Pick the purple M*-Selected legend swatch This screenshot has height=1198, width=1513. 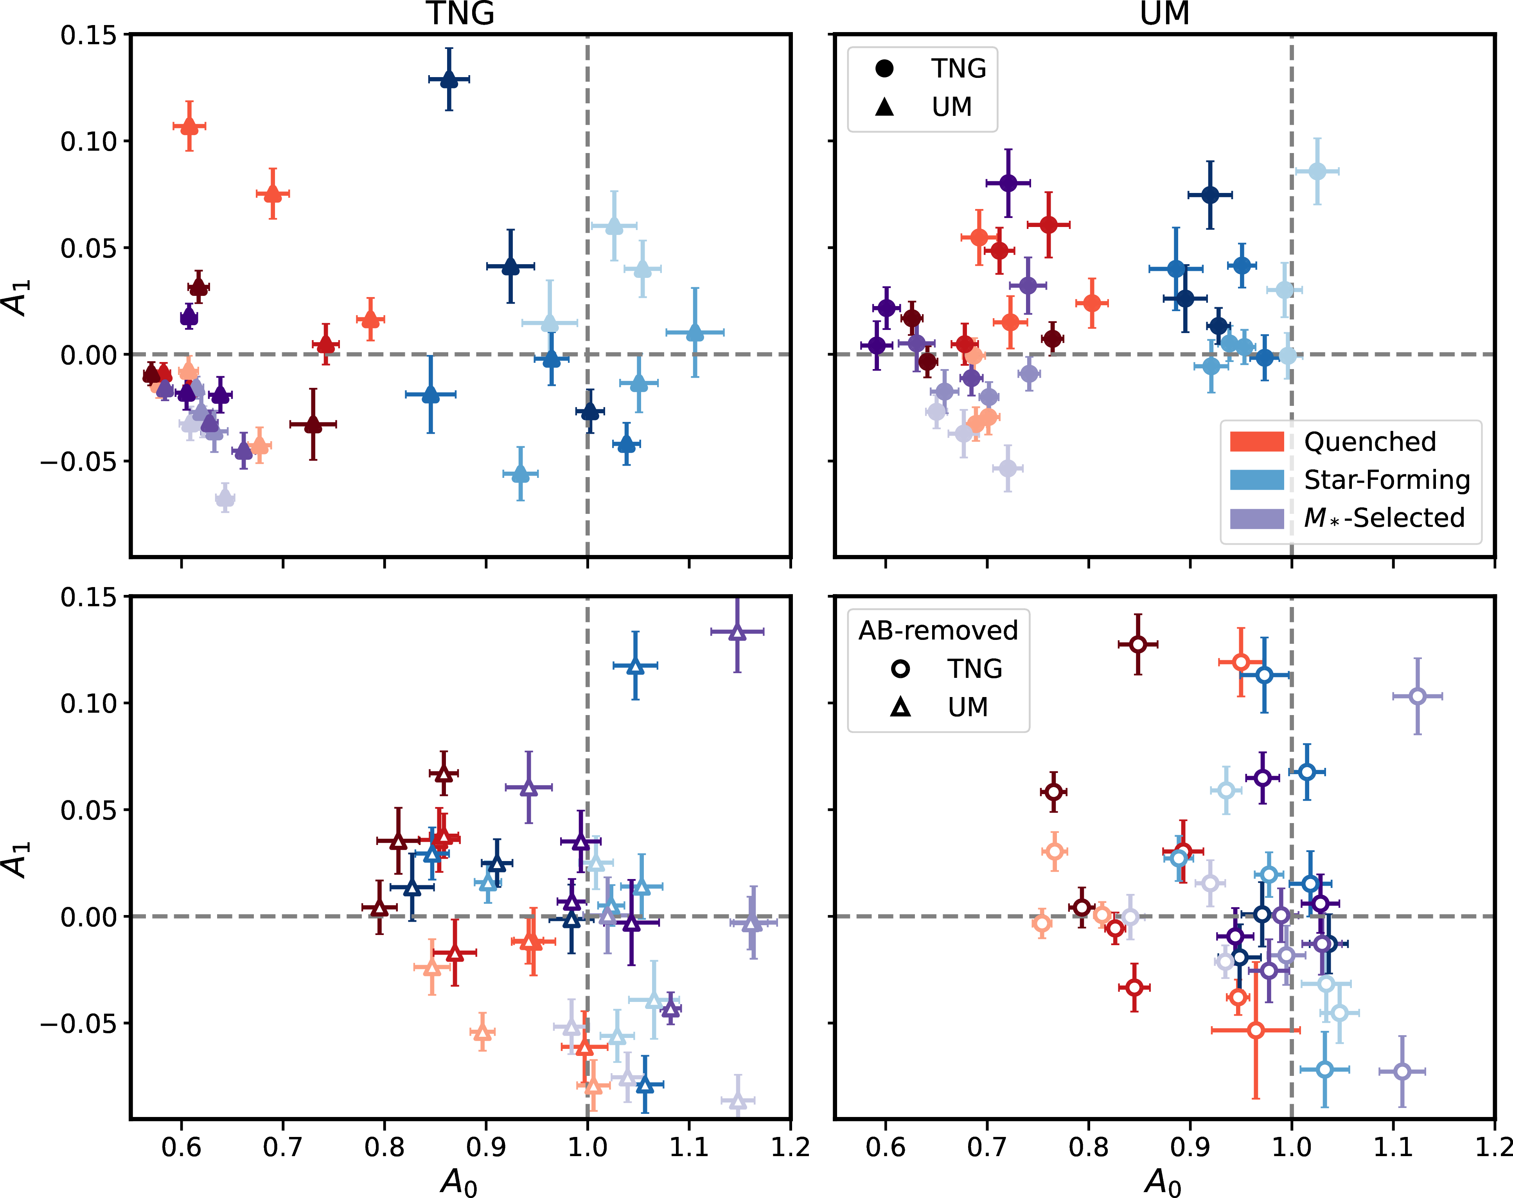[1256, 518]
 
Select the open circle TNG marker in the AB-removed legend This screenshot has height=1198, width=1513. [901, 668]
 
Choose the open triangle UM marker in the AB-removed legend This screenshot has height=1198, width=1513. [901, 707]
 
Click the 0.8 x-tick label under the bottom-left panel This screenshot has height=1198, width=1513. [384, 1148]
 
